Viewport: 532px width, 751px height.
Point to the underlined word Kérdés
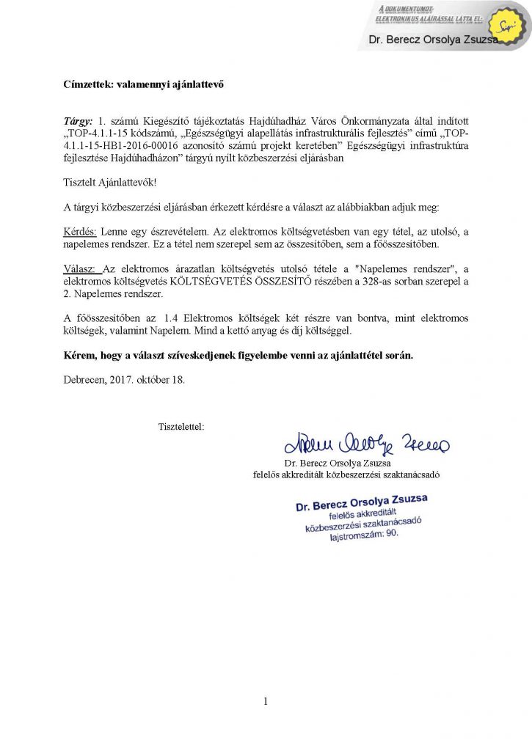(x=79, y=230)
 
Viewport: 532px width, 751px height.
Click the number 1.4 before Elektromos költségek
(x=171, y=318)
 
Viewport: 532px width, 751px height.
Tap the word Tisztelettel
(x=181, y=426)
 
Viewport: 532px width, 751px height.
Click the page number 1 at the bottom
(x=266, y=702)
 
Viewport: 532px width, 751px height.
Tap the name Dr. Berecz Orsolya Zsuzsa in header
(x=433, y=40)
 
